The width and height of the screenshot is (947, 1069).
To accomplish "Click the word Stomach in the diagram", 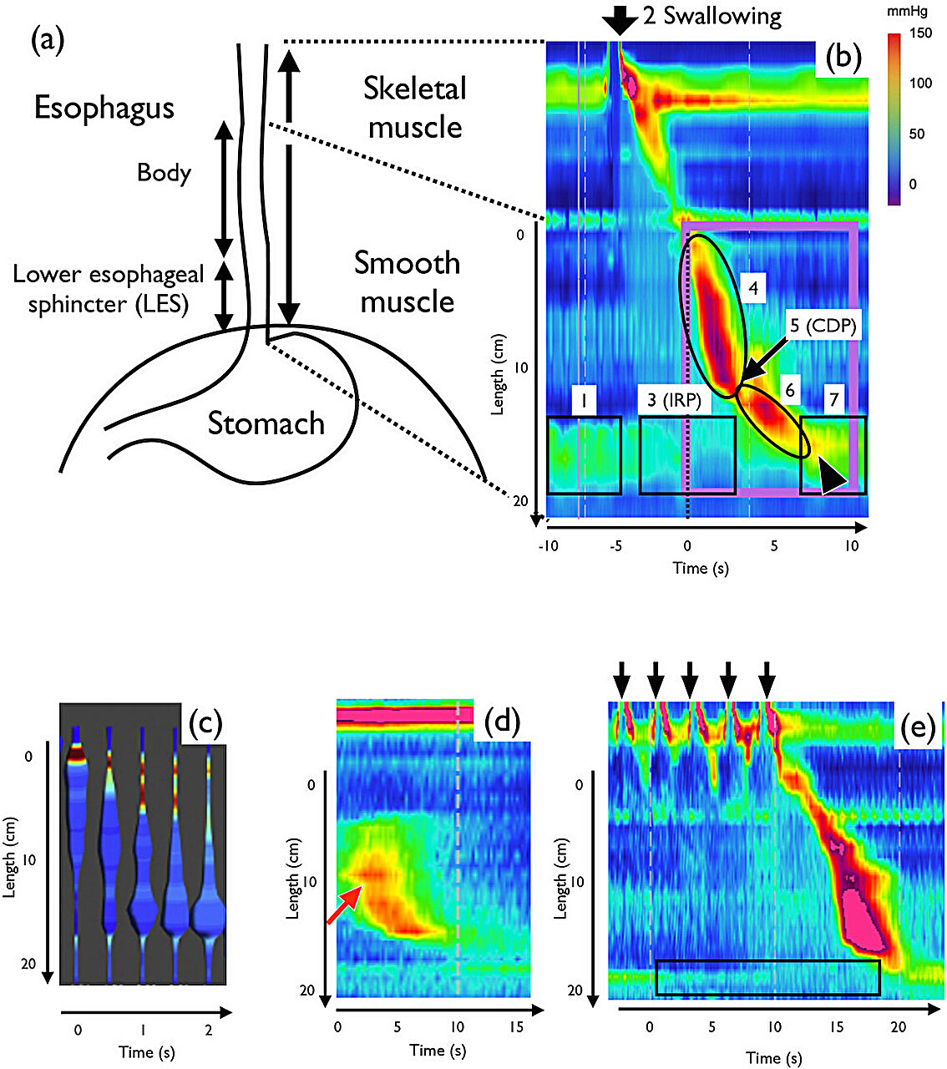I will pyautogui.click(x=266, y=423).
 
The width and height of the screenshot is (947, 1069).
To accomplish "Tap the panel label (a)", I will pyautogui.click(x=48, y=40).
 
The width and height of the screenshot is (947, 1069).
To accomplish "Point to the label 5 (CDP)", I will pyautogui.click(x=823, y=327).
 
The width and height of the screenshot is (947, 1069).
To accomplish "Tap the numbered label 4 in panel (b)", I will pyautogui.click(x=753, y=289).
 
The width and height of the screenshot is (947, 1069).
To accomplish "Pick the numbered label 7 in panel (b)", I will pyautogui.click(x=833, y=401).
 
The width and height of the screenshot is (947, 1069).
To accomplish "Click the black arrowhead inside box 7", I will pyautogui.click(x=832, y=479).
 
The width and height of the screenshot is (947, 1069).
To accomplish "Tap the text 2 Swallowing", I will pyautogui.click(x=712, y=17).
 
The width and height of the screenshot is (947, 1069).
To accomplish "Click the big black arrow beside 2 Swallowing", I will pyautogui.click(x=618, y=18).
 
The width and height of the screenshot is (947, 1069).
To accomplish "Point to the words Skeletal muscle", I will pyautogui.click(x=415, y=107).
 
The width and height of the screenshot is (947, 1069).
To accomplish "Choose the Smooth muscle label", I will pyautogui.click(x=408, y=281).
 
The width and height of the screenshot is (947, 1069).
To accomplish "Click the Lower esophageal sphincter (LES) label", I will pyautogui.click(x=109, y=289).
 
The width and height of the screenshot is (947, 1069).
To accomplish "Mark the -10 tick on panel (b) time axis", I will pyautogui.click(x=548, y=546).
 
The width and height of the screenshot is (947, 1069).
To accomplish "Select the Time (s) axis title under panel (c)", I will pyautogui.click(x=147, y=1051).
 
